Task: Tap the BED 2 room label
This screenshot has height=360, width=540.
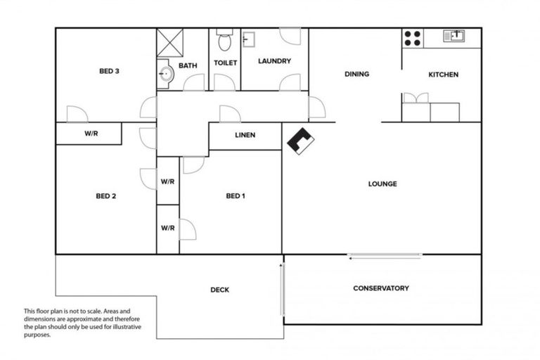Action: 105,196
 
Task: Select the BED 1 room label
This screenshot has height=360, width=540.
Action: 235,196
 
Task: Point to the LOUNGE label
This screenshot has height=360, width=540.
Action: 382,184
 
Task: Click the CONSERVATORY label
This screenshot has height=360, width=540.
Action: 380,288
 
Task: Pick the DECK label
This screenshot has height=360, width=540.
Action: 219,290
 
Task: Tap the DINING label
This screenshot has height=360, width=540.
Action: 356,75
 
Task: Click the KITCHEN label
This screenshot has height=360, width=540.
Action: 443,75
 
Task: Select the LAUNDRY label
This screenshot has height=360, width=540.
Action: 274,61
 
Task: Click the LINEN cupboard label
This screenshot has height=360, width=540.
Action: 245,135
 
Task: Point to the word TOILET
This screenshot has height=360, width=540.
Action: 225,63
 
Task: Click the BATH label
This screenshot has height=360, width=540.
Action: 188,65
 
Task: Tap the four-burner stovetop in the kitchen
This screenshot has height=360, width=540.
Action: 412,37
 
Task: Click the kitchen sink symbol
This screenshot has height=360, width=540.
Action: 454,34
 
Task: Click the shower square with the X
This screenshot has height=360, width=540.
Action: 169,42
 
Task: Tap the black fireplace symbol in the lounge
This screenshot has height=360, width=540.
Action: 300,141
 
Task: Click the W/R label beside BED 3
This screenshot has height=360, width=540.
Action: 90,133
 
